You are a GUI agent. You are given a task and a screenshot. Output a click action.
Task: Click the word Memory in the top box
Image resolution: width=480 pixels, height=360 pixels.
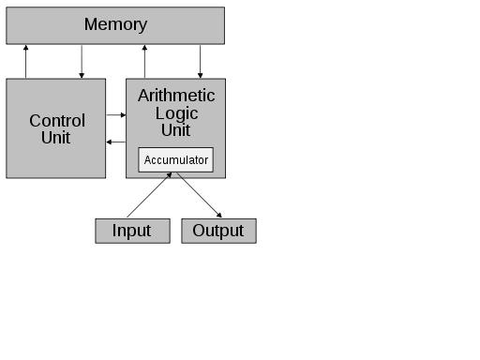[x=115, y=24]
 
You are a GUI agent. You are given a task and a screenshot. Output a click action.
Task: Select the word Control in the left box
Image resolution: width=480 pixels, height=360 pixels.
[x=56, y=121]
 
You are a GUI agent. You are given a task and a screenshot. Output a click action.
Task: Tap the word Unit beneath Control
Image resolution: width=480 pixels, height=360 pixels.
[x=56, y=138]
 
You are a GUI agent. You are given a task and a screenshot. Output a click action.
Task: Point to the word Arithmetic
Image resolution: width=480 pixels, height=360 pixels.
[x=176, y=96]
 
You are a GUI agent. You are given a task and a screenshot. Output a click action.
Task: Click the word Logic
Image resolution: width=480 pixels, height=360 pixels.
[x=176, y=112]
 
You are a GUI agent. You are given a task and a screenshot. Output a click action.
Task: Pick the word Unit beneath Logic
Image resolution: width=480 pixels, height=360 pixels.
[x=176, y=129]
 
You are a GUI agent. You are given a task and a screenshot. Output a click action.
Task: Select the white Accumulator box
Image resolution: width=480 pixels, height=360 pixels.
[x=176, y=159]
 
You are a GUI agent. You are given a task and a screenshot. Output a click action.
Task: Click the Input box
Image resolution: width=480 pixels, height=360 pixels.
[x=132, y=231]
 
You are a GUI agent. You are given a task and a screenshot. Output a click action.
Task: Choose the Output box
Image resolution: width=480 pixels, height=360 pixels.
[x=218, y=231]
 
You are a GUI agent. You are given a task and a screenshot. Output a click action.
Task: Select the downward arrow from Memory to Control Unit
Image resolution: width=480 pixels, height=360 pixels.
[x=82, y=61]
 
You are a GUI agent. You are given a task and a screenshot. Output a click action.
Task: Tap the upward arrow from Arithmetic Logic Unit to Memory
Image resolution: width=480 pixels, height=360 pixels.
[x=144, y=61]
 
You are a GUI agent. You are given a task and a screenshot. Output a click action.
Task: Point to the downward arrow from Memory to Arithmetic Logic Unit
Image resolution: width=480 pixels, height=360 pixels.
[x=201, y=61]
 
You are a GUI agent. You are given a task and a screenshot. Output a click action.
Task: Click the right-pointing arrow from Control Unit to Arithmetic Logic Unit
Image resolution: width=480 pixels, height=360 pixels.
[x=116, y=115]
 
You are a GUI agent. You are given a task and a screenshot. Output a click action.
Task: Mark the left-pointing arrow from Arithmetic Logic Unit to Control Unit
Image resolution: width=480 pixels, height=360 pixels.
[x=116, y=142]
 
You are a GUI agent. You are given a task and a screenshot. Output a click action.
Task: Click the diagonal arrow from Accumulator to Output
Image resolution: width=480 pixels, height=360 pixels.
[x=198, y=196]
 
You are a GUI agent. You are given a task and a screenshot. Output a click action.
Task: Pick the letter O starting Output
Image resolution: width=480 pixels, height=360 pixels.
[x=199, y=231]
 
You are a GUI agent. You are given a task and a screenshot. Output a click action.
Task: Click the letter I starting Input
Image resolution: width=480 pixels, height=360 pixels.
[x=115, y=231]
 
